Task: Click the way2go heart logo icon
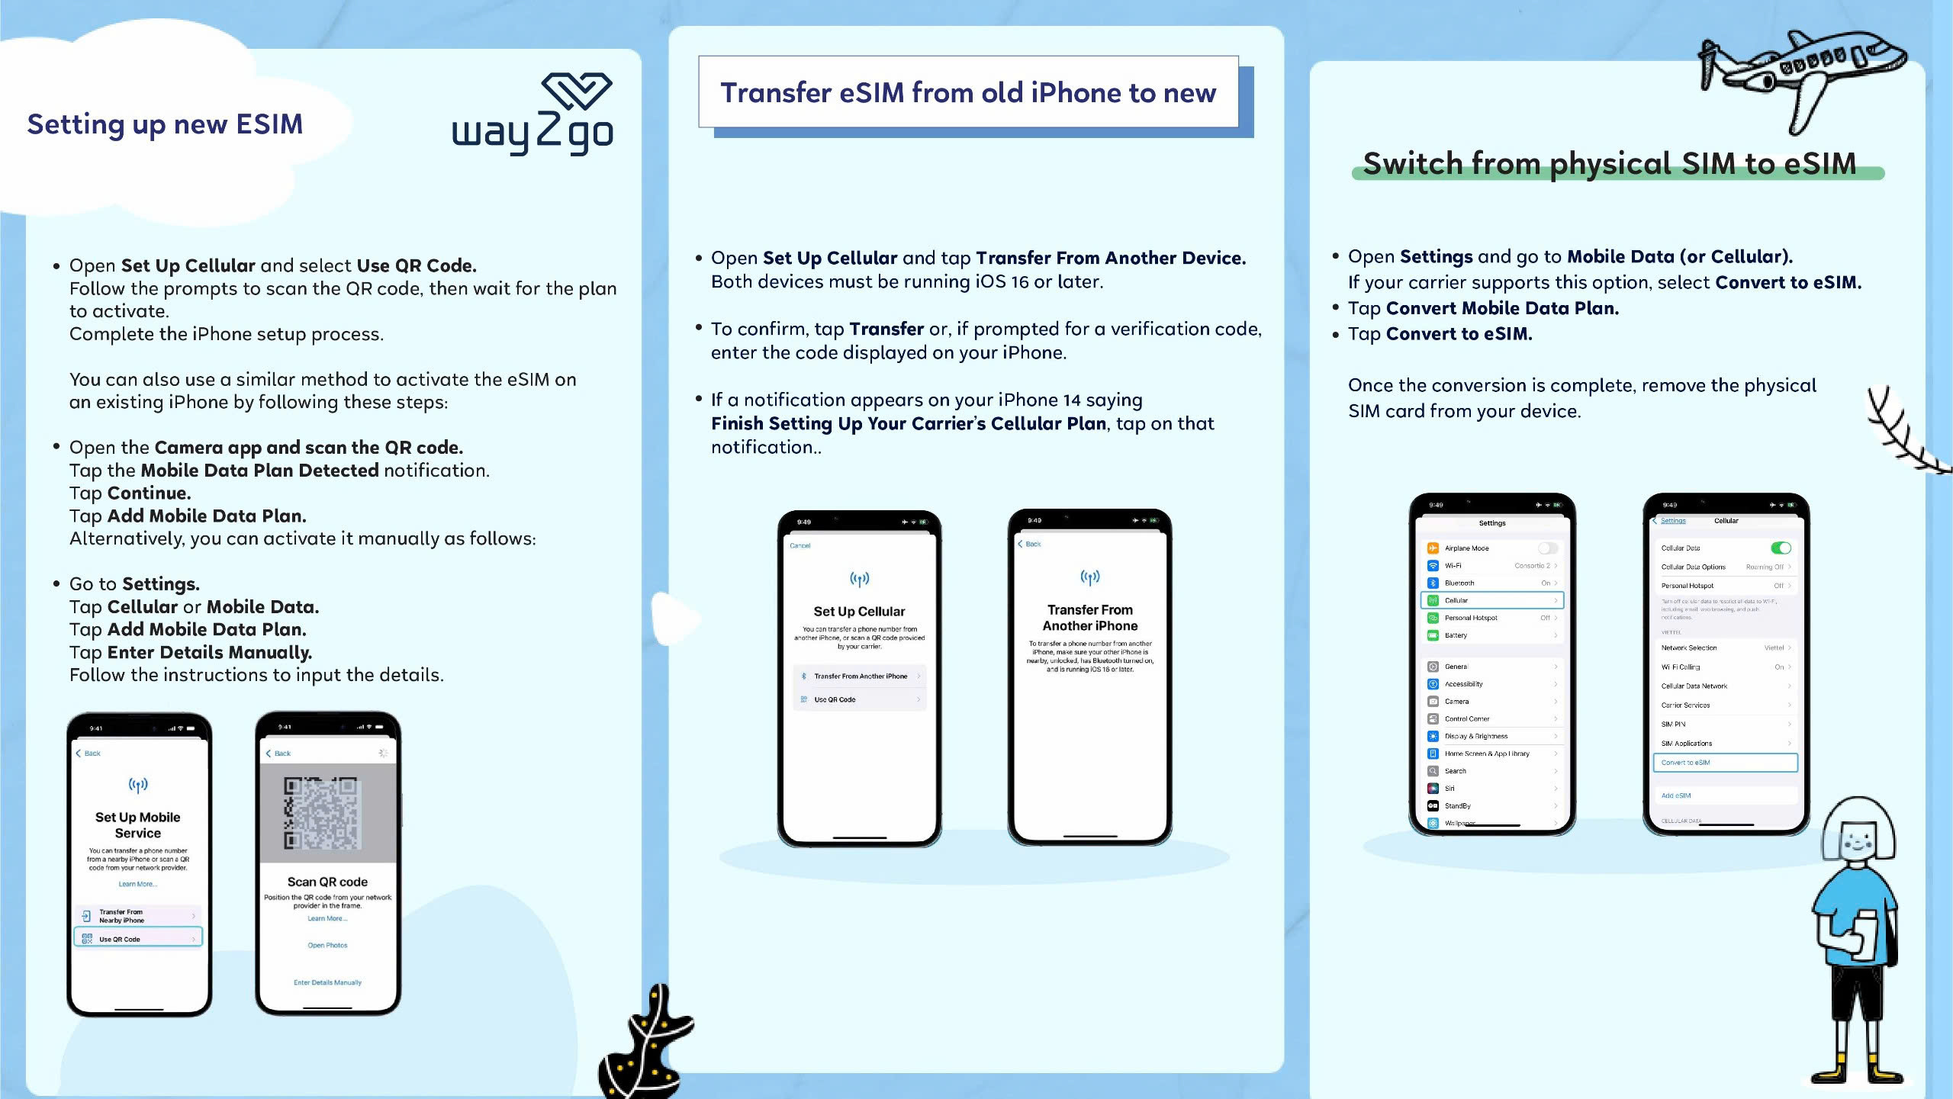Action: point(577,91)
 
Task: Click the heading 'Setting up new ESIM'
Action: point(165,124)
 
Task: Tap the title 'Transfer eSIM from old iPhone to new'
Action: point(968,93)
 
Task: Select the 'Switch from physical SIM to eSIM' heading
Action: point(1610,163)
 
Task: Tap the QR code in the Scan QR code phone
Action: point(321,813)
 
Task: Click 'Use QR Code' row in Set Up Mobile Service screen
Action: point(138,939)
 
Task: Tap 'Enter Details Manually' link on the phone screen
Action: point(327,982)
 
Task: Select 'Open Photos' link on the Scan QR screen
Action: point(327,945)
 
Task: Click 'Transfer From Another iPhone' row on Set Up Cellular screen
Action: point(860,676)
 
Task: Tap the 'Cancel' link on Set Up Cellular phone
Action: point(800,546)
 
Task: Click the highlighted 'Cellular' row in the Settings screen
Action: point(1492,600)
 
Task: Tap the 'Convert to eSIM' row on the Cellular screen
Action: point(1725,763)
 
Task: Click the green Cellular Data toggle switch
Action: point(1781,548)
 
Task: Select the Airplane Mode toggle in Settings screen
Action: point(1548,548)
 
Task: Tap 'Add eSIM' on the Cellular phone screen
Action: point(1676,795)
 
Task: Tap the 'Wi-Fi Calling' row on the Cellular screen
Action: point(1725,667)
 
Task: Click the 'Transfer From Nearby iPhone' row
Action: point(138,916)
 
